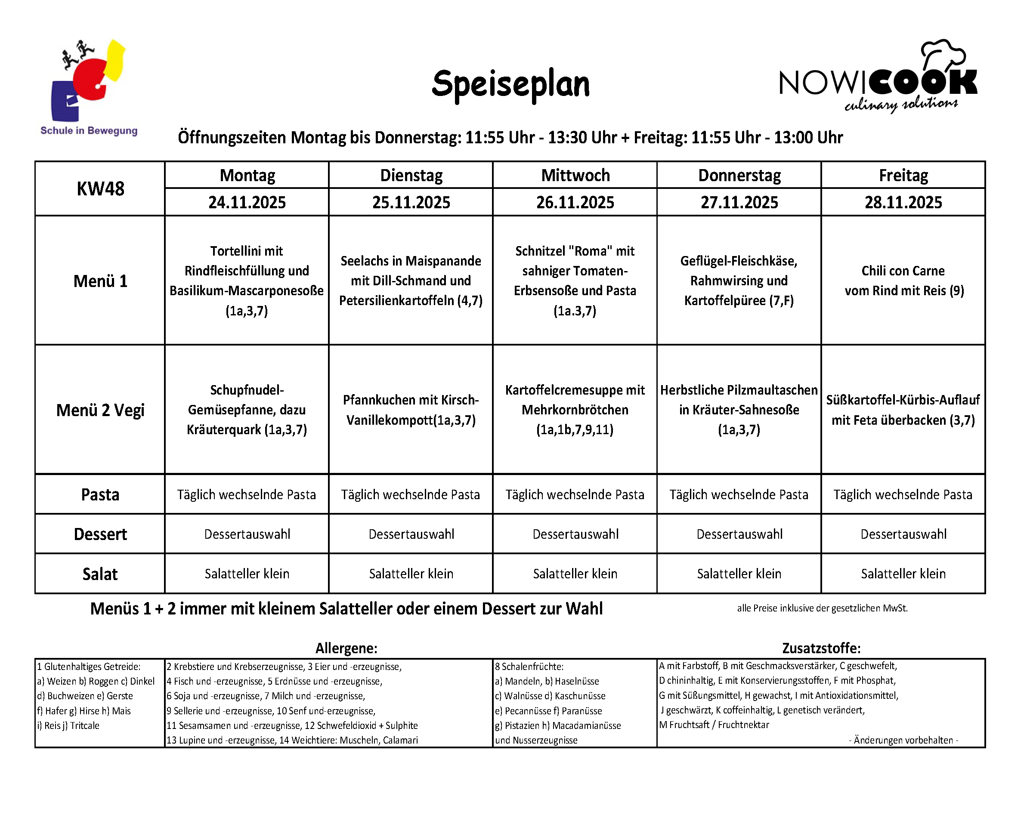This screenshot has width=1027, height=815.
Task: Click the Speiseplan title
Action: click(510, 84)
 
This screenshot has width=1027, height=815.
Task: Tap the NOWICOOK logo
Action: click(878, 84)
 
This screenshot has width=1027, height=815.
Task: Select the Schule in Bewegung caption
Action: click(89, 130)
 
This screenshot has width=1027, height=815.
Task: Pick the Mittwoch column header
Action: click(575, 175)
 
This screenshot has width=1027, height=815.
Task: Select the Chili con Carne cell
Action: click(903, 281)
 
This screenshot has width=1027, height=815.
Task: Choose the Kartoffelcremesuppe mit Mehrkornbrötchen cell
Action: click(575, 410)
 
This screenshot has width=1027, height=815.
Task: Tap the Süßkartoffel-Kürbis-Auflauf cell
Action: click(903, 410)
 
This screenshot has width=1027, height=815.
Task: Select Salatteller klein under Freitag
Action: click(903, 574)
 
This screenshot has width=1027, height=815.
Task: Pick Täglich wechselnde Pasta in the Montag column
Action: click(246, 495)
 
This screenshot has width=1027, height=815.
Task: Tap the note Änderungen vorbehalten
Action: click(903, 740)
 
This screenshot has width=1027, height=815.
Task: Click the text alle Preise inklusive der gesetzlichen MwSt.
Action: click(822, 608)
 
